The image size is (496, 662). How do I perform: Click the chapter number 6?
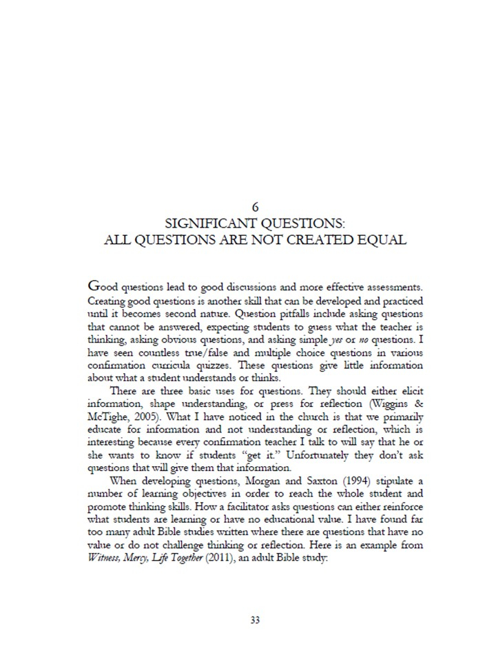255,206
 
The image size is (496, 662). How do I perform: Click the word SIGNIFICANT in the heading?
207,223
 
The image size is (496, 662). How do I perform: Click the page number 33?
255,620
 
